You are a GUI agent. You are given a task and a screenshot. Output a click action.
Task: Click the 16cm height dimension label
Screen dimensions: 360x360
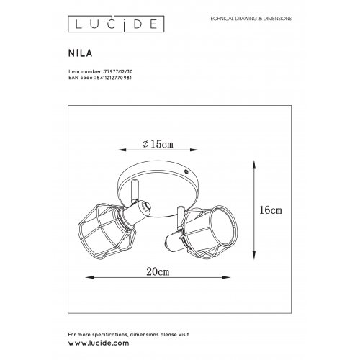point(270,211)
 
